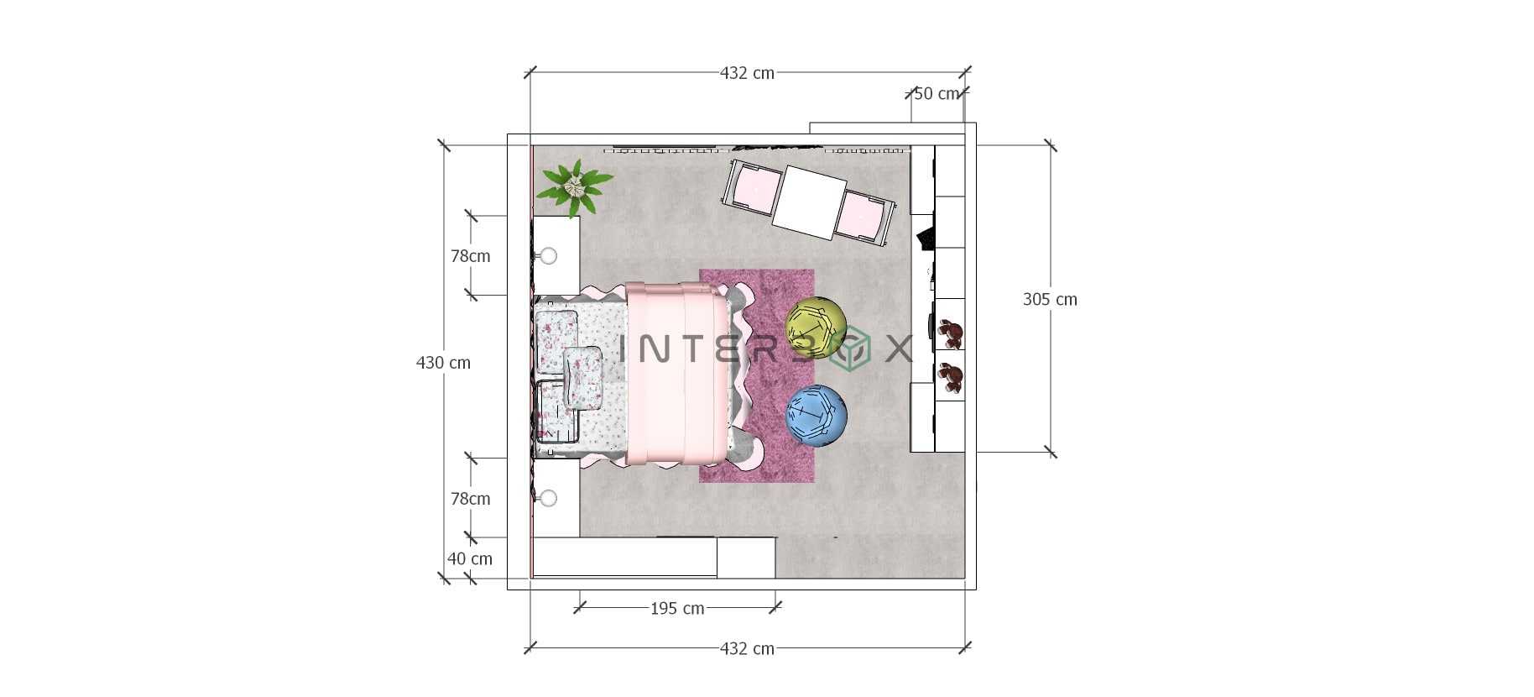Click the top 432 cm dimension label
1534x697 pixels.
pyautogui.click(x=747, y=73)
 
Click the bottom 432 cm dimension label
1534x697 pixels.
pyautogui.click(x=747, y=648)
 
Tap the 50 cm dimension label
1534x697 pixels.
pyautogui.click(x=936, y=93)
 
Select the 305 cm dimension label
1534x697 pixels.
pyautogui.click(x=1050, y=299)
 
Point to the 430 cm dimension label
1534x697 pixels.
pyautogui.click(x=443, y=363)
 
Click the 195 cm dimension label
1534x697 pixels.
pyautogui.click(x=677, y=608)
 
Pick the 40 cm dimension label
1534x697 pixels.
pyautogui.click(x=470, y=558)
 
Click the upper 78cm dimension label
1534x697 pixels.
pyautogui.click(x=470, y=256)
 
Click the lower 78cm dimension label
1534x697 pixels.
pyautogui.click(x=470, y=499)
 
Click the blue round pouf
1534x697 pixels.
pyautogui.click(x=816, y=416)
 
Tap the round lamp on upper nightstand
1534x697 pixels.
pyautogui.click(x=549, y=256)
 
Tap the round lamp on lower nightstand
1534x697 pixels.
pyautogui.click(x=549, y=499)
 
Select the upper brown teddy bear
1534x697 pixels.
pyautogui.click(x=951, y=333)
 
